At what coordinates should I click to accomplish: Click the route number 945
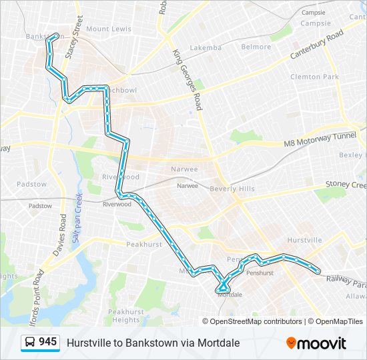tap(47, 342)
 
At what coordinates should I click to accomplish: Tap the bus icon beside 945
tap(31, 343)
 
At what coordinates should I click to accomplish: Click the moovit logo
tap(316, 343)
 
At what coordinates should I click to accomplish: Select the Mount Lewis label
tap(107, 29)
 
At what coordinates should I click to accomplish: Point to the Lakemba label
tap(205, 48)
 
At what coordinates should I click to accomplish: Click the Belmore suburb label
tap(256, 47)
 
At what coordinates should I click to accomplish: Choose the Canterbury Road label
tap(316, 45)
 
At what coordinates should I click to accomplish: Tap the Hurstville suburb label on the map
tap(304, 240)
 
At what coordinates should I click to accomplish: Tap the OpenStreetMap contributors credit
tap(256, 321)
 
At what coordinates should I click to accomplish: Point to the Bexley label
tap(352, 155)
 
